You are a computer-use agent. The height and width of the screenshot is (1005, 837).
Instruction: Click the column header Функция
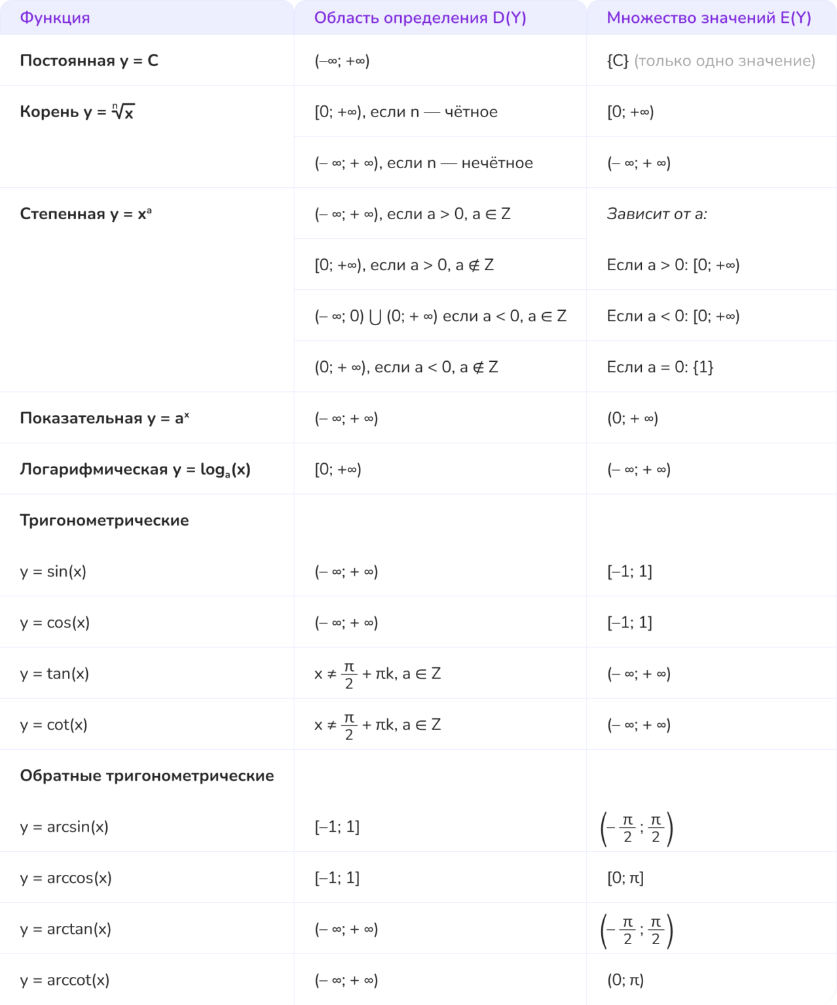(55, 18)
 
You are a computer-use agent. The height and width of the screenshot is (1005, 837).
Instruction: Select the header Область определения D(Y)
(420, 18)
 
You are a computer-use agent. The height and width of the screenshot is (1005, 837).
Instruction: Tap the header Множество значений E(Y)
(709, 18)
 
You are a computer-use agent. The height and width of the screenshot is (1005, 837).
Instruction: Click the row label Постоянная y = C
(89, 61)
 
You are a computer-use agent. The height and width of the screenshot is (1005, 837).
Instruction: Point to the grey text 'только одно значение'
(724, 61)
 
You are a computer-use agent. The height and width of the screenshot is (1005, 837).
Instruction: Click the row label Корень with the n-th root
(77, 112)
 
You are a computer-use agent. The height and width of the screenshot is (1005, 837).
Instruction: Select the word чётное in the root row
(471, 112)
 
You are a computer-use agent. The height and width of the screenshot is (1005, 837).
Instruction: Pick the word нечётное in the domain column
(496, 163)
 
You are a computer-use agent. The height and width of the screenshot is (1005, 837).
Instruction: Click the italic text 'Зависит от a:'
(656, 214)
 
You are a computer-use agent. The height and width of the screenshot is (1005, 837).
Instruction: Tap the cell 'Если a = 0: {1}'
(660, 367)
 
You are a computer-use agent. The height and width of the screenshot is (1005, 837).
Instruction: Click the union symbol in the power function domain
(375, 317)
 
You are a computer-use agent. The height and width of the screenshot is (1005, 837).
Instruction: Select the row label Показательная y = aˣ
(104, 418)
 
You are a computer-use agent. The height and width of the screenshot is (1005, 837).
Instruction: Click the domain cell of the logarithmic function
(338, 469)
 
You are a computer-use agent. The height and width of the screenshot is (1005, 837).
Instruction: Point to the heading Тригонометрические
(104, 520)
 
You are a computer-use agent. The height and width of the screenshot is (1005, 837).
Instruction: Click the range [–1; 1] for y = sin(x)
(629, 571)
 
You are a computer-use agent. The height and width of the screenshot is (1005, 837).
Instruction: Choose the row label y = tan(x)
(54, 673)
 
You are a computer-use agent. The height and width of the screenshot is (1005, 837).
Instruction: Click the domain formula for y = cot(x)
(377, 724)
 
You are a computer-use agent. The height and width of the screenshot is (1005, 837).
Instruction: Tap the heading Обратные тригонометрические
(147, 775)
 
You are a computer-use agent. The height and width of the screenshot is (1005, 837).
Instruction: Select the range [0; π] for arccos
(625, 877)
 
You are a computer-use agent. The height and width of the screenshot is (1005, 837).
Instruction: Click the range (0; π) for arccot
(625, 979)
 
